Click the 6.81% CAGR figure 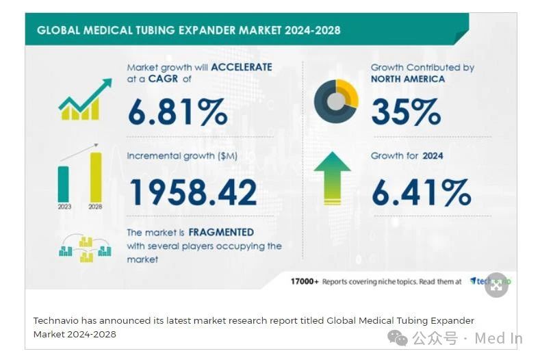(177, 112)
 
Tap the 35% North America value (406, 112)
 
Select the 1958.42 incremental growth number (192, 192)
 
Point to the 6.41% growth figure (421, 192)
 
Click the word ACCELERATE (241, 67)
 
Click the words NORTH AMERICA (407, 79)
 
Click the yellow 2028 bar (96, 177)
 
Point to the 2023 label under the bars (64, 206)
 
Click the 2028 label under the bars (95, 206)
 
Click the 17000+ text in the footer (305, 281)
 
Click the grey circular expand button (497, 287)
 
